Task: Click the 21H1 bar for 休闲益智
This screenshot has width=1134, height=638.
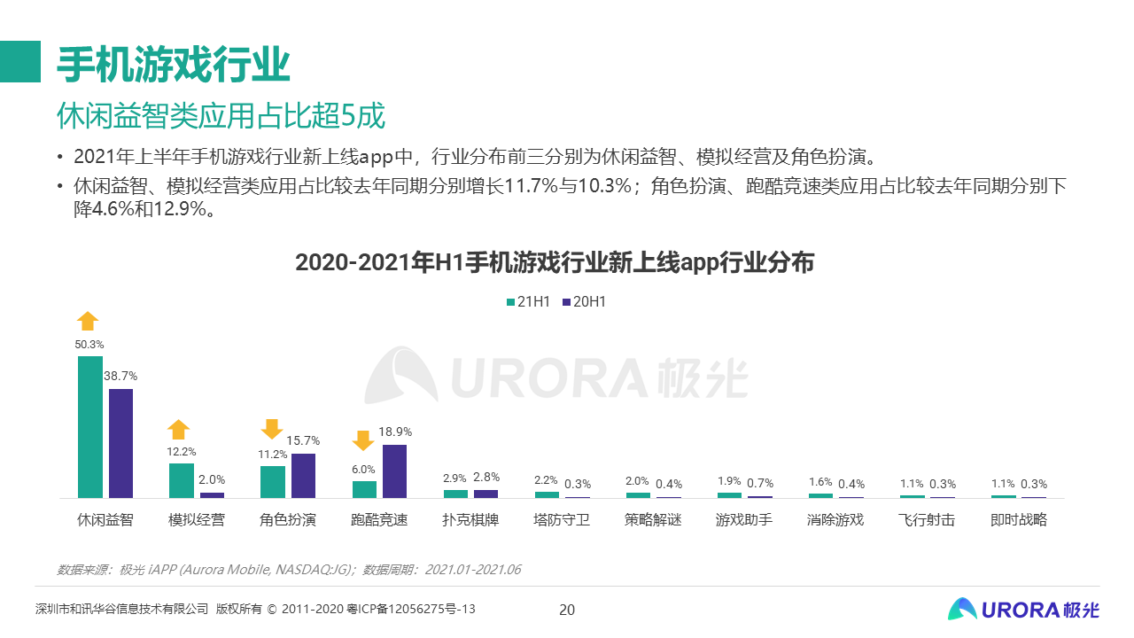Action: [90, 427]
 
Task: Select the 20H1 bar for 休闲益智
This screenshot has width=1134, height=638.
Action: [120, 443]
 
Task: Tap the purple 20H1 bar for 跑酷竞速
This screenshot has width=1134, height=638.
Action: [394, 471]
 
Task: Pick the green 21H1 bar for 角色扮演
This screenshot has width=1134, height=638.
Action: [273, 482]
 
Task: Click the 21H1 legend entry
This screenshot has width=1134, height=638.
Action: [528, 301]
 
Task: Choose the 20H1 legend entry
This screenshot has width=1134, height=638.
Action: [584, 301]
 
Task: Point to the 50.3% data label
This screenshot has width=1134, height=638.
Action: [89, 344]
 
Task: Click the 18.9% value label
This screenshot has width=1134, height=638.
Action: [395, 432]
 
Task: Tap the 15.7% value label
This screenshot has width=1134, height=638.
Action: [304, 440]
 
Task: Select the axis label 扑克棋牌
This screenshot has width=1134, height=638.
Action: [470, 520]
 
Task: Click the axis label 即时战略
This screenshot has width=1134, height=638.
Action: [1019, 520]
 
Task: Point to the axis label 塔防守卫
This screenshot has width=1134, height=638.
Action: [562, 520]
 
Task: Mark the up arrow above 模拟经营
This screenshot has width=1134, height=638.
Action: [179, 430]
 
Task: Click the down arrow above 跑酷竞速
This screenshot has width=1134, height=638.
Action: [362, 440]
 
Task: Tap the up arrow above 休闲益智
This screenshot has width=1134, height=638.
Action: [88, 321]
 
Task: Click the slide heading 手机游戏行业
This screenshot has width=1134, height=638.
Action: [174, 64]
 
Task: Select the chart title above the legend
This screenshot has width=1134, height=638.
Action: [554, 263]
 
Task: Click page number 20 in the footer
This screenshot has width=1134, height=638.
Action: [567, 610]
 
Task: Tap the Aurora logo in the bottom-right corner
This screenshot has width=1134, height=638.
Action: [1022, 609]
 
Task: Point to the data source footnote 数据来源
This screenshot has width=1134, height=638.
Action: [289, 570]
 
